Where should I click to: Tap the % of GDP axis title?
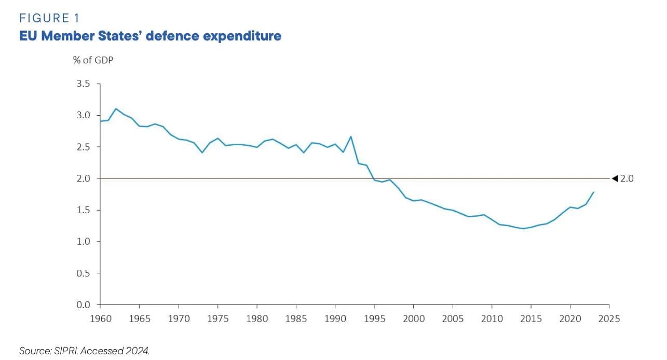pyautogui.click(x=93, y=60)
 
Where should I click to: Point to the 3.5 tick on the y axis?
pyautogui.click(x=83, y=84)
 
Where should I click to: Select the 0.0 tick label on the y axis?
pyautogui.click(x=83, y=304)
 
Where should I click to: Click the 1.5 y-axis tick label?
pyautogui.click(x=83, y=210)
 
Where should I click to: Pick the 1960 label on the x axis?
pyautogui.click(x=100, y=317)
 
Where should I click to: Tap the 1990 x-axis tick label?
pyautogui.click(x=335, y=317)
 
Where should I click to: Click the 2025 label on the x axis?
pyautogui.click(x=609, y=317)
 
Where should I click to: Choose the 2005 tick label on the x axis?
pyautogui.click(x=453, y=317)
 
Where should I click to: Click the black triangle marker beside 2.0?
pyautogui.click(x=615, y=178)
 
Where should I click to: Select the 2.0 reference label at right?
pyautogui.click(x=627, y=178)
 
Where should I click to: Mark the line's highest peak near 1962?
pyautogui.click(x=115, y=109)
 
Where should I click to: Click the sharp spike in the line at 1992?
pyautogui.click(x=351, y=136)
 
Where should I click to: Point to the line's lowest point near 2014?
pyautogui.click(x=523, y=228)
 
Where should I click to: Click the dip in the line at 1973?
pyautogui.click(x=202, y=153)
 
